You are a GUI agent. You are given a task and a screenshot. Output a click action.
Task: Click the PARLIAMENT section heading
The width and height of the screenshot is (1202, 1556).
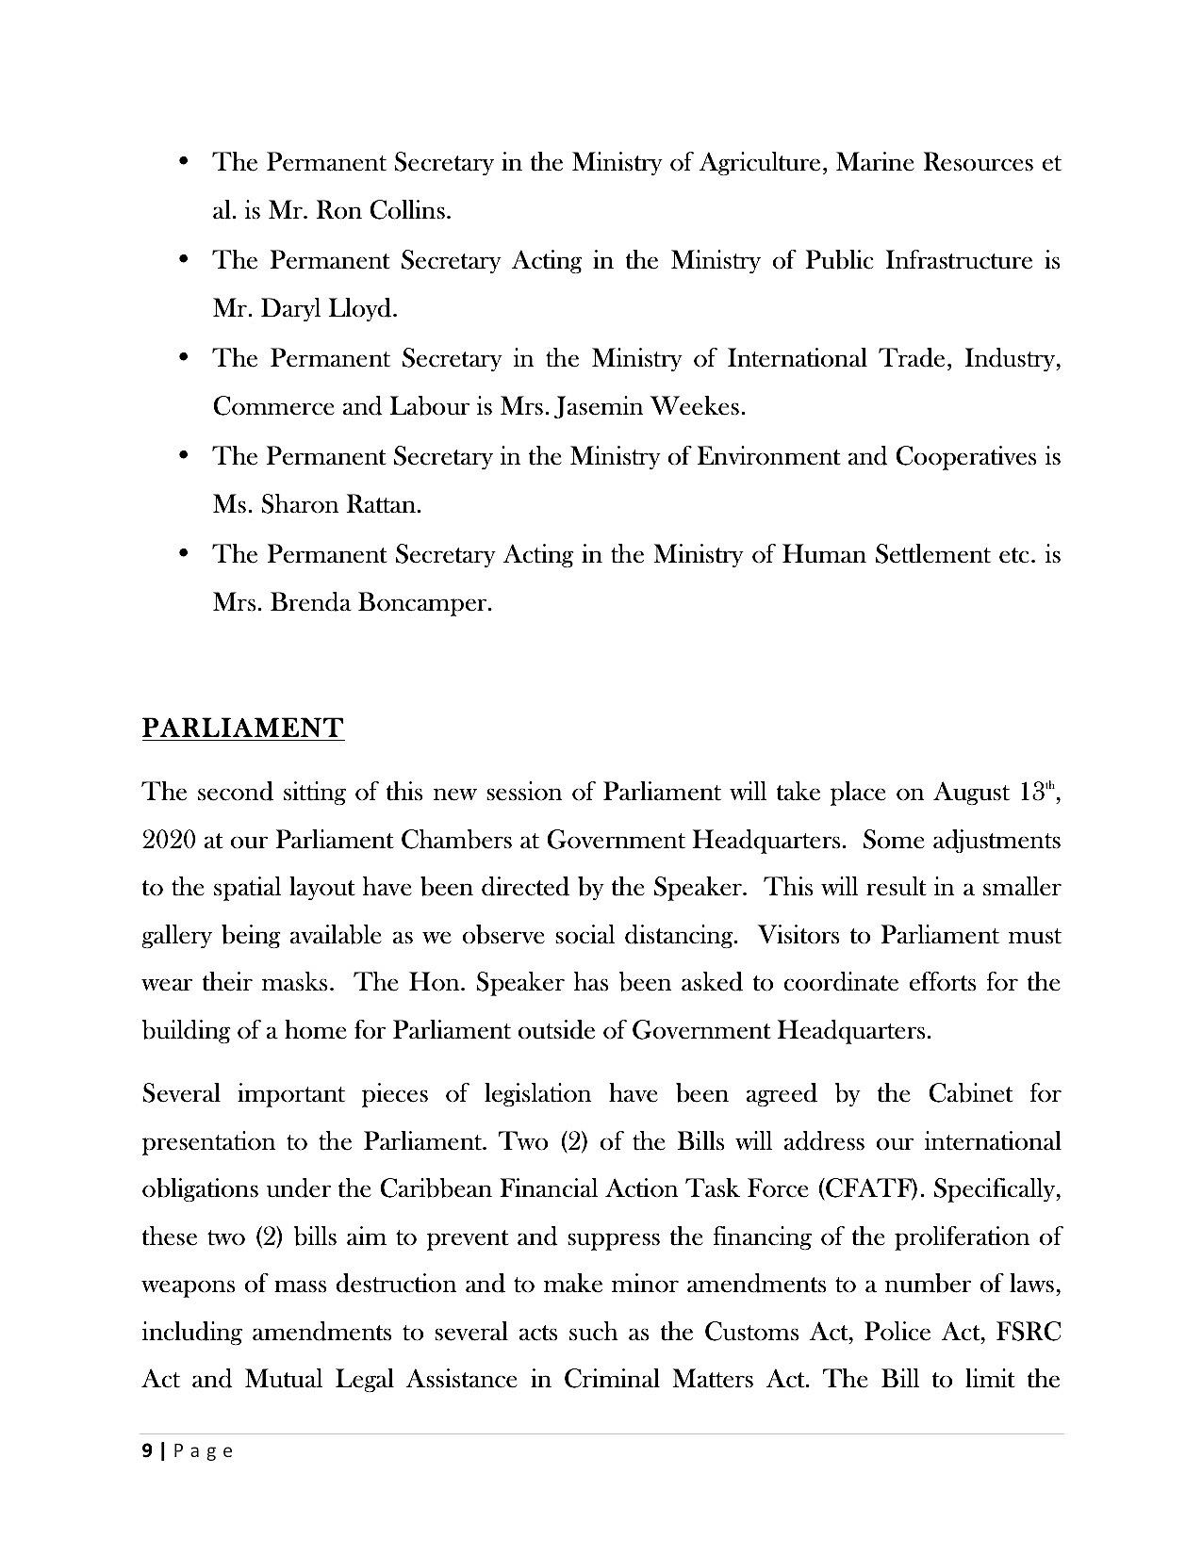pos(242,729)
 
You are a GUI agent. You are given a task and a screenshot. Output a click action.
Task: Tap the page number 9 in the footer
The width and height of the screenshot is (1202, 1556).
pos(146,1451)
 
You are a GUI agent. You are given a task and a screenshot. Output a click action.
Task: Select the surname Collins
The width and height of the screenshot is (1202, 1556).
pos(410,210)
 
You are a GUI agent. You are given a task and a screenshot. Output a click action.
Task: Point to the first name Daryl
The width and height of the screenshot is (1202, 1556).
pos(296,308)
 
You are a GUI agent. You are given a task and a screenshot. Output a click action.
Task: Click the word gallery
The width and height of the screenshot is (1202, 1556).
pos(176,936)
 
